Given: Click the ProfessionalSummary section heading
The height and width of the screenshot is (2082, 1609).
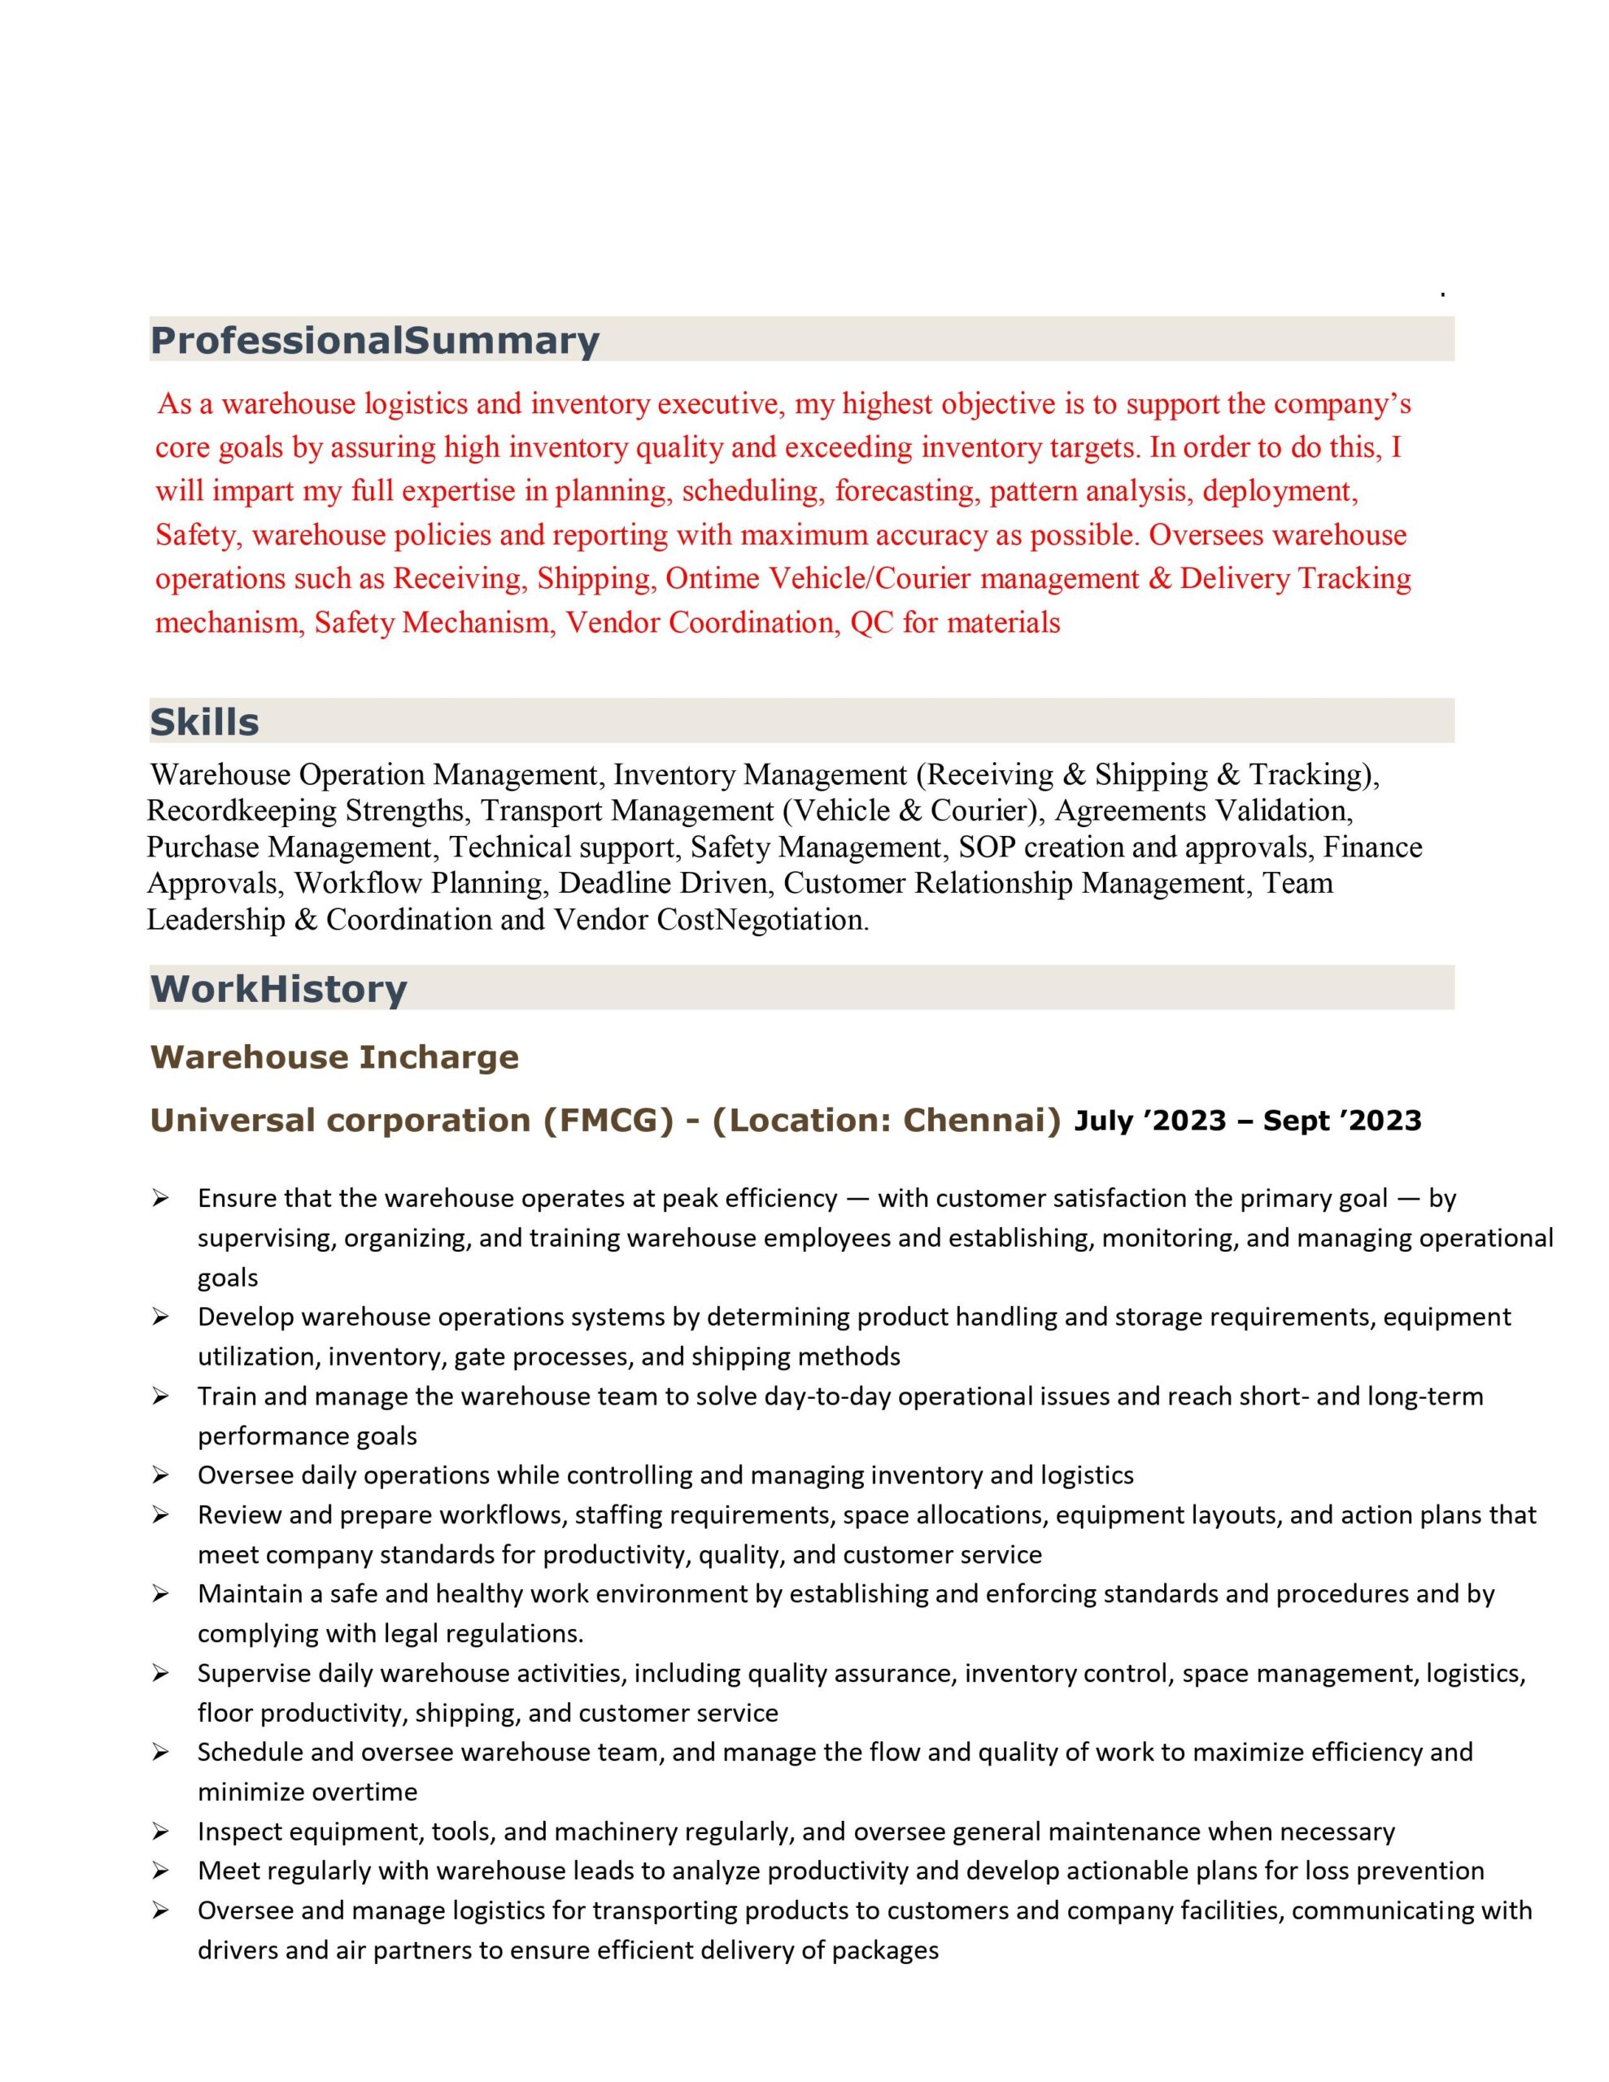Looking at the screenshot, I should coord(375,340).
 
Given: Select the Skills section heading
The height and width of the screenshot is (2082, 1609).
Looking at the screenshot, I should coord(204,721).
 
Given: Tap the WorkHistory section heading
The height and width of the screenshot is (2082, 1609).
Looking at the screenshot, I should coord(278,989).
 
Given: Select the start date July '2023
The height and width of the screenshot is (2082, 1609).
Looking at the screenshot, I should coord(1149,1121).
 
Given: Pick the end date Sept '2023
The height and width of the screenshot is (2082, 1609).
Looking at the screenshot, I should coord(1342,1121).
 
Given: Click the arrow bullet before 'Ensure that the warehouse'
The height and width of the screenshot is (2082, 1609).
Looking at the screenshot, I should coord(160,1198).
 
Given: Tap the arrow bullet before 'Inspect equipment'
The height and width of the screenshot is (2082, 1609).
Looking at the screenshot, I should coord(160,1832).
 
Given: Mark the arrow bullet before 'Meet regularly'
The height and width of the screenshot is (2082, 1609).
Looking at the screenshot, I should coord(160,1871).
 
